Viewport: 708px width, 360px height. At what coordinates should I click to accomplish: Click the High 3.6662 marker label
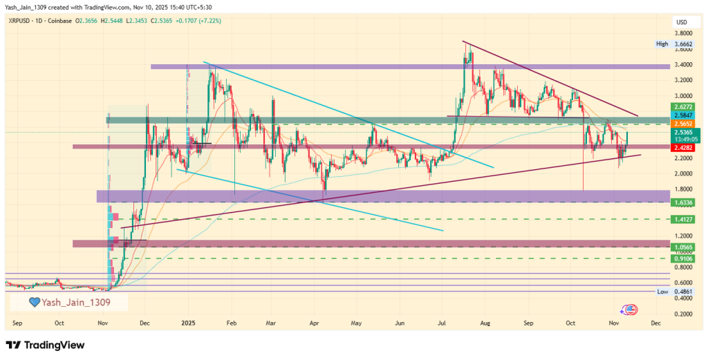674,44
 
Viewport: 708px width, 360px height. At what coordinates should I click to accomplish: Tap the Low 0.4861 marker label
674,292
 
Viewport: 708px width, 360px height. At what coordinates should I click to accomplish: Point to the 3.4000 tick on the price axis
684,65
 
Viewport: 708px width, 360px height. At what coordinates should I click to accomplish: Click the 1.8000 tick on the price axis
684,189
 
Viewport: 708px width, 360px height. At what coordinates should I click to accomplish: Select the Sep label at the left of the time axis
17,323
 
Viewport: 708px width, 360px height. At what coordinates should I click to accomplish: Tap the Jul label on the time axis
442,323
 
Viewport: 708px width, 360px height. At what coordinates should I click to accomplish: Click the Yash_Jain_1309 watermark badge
68,302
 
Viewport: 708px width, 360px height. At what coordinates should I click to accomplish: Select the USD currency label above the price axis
682,22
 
